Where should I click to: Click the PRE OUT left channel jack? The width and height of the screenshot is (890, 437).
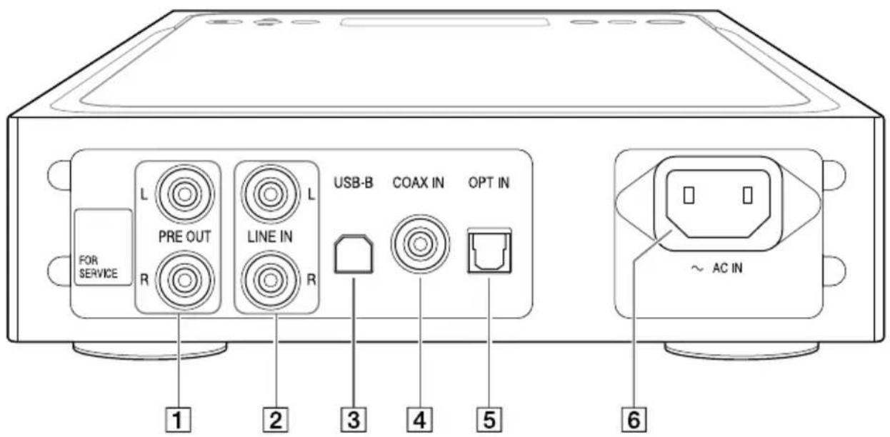coord(183,193)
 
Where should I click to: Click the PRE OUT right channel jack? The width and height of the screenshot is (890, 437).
coord(183,279)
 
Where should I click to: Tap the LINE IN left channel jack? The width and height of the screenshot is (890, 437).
coord(268,193)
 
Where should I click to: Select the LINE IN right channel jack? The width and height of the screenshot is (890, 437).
coord(268,279)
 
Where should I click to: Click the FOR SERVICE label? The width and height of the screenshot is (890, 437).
coord(99,267)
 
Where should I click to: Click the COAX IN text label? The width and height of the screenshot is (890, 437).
coord(419,184)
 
